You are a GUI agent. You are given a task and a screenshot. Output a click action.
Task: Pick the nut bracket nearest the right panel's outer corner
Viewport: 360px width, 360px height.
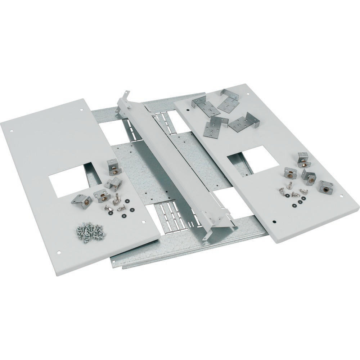[x=325, y=186]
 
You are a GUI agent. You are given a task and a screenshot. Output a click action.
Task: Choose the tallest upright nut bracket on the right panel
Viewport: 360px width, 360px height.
[x=303, y=159]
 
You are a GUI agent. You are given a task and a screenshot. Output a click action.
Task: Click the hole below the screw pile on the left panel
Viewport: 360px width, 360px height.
[x=59, y=252]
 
